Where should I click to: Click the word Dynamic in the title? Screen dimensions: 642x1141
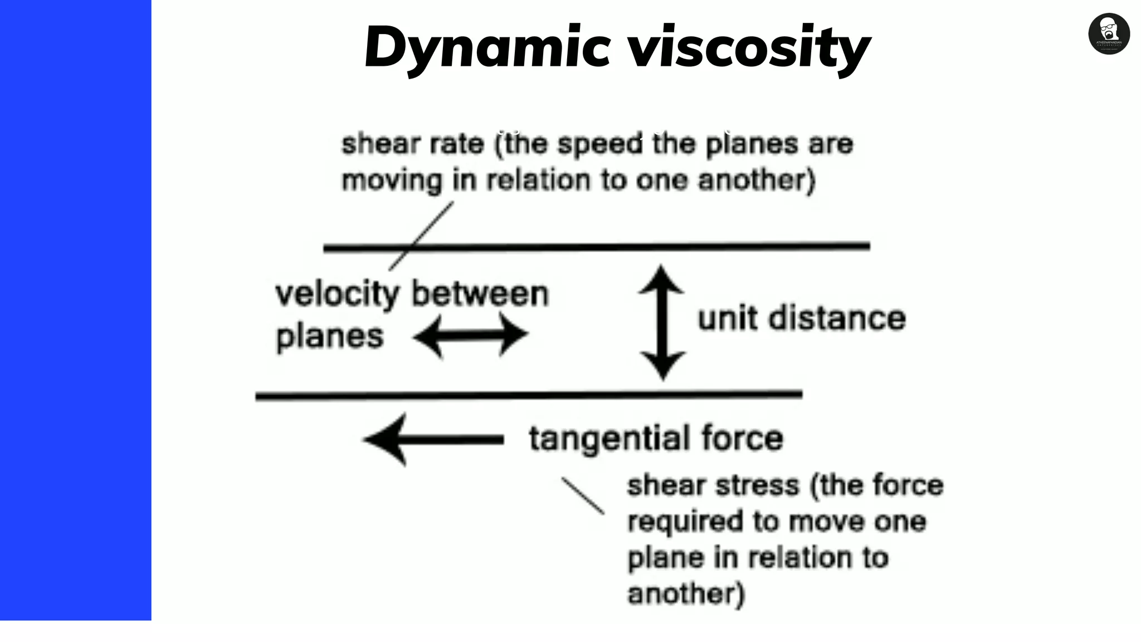(487, 47)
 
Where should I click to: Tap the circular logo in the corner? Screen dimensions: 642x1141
(1109, 34)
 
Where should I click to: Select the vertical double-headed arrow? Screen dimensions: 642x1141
(662, 323)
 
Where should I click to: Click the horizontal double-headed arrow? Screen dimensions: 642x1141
(471, 335)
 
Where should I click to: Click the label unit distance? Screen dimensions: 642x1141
(801, 319)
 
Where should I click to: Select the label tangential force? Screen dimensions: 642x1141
(656, 438)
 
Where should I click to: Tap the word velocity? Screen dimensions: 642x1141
(337, 294)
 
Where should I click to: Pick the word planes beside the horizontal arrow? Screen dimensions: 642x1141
(329, 337)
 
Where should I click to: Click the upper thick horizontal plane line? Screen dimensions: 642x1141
(596, 246)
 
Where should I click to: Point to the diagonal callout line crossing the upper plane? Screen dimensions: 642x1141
(422, 236)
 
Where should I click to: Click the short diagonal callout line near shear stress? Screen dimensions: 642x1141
(583, 495)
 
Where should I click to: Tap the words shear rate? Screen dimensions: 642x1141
(412, 144)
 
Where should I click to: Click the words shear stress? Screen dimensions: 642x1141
(713, 485)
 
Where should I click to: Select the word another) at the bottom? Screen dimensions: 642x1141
(686, 594)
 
